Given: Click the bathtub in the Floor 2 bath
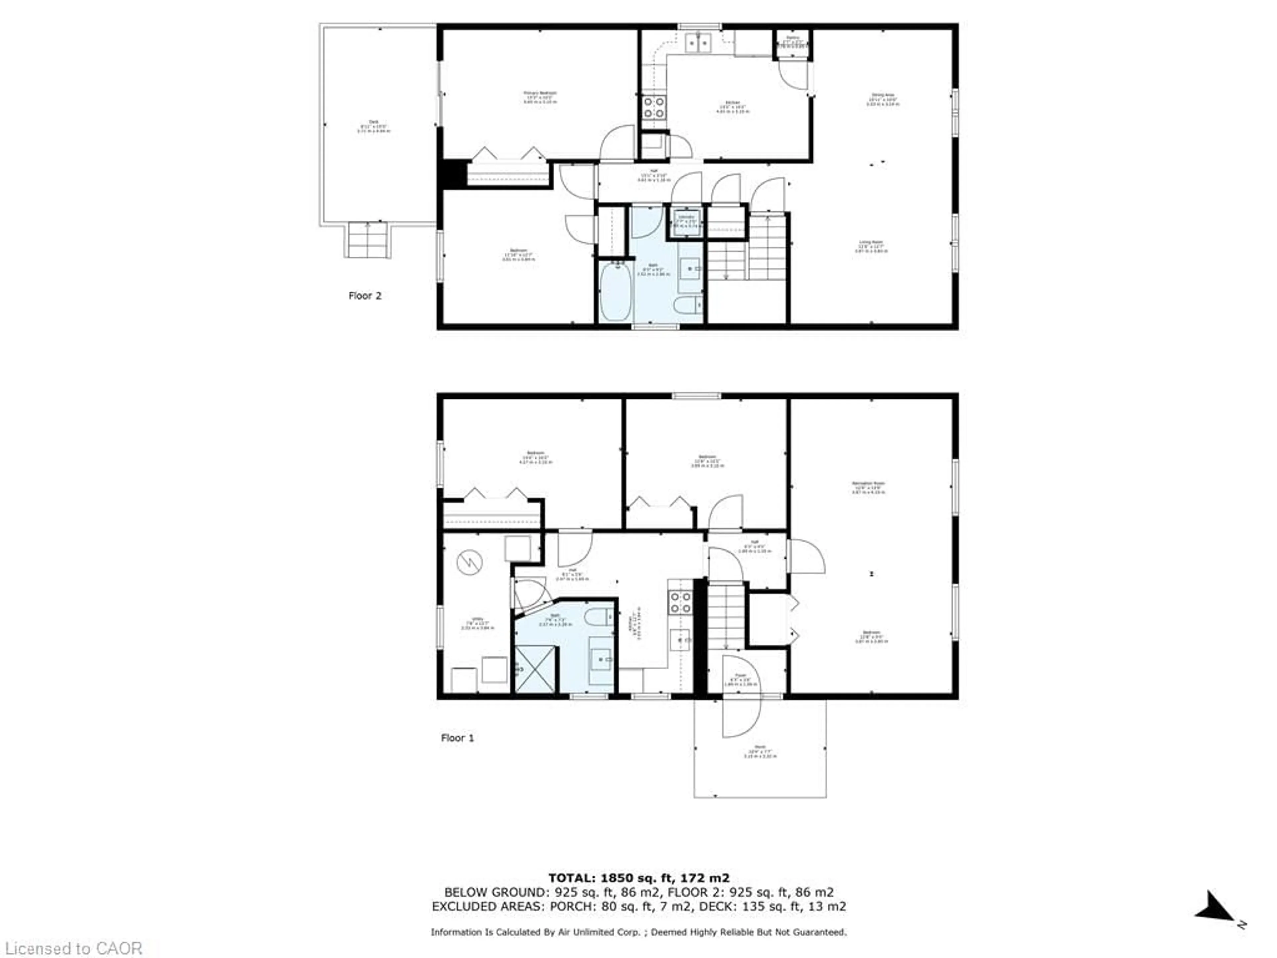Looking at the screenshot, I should (x=615, y=292).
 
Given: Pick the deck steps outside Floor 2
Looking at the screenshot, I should (x=368, y=239).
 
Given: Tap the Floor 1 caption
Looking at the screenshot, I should (x=457, y=738).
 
